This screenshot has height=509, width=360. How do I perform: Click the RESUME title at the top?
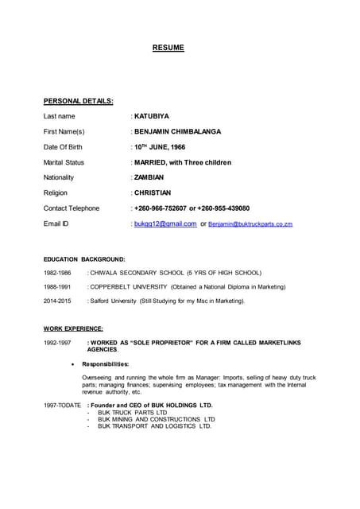(x=168, y=48)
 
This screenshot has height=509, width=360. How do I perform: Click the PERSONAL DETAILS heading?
(x=78, y=101)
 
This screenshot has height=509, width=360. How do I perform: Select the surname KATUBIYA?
(x=152, y=116)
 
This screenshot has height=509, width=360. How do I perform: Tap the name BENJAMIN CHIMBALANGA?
(x=178, y=131)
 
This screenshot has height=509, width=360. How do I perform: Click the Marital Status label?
(x=64, y=162)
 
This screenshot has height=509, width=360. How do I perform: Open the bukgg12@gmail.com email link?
(x=165, y=223)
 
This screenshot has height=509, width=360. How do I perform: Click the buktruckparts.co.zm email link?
(x=250, y=224)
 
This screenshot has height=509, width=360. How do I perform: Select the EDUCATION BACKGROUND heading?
(x=84, y=258)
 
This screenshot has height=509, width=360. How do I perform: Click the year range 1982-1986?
(x=57, y=272)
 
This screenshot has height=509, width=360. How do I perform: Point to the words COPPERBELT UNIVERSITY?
(x=126, y=286)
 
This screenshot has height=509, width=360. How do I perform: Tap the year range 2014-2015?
(x=57, y=301)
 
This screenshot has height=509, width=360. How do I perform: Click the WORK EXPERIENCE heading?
(x=73, y=328)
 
